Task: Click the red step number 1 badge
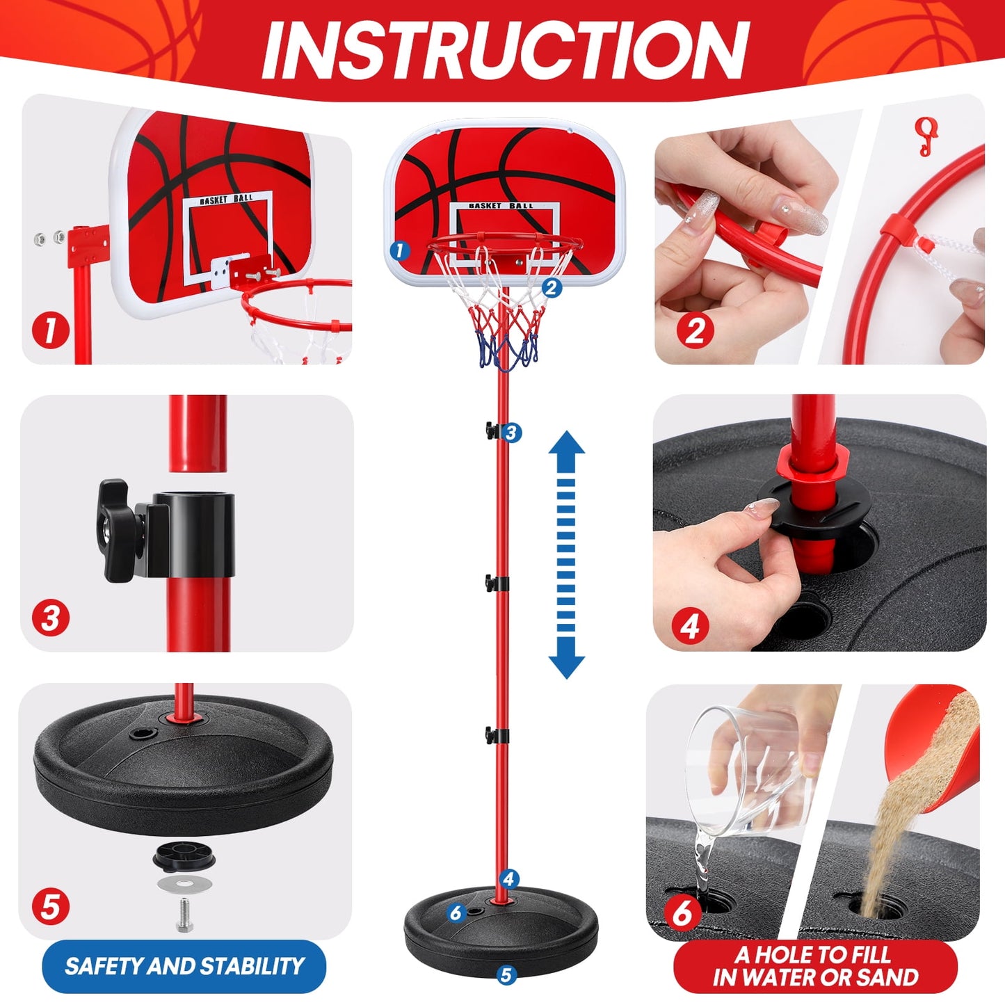(x=51, y=330)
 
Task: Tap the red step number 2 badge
(x=696, y=330)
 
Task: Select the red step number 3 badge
(x=51, y=618)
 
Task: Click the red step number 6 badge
(x=683, y=913)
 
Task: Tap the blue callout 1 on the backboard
(x=399, y=251)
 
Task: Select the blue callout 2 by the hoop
(x=552, y=287)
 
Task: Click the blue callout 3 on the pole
(x=512, y=433)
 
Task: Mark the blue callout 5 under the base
(x=506, y=975)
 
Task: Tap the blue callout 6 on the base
(x=456, y=912)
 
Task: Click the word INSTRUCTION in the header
(x=505, y=50)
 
